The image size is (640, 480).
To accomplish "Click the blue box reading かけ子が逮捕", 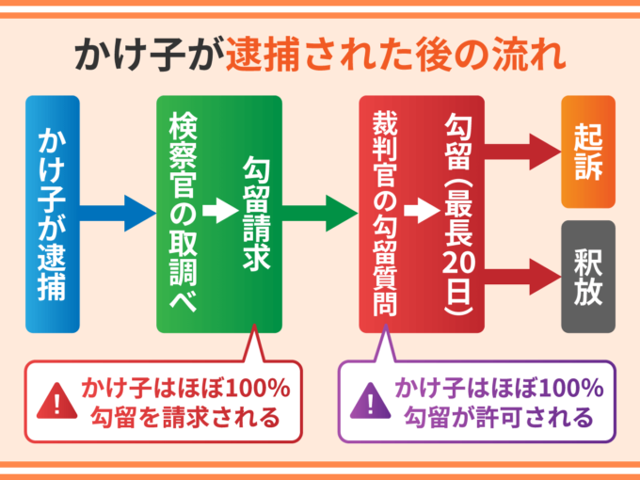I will click(x=53, y=214).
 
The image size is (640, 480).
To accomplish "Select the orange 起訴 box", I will click(x=588, y=152).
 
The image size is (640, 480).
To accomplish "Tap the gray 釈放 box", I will click(x=588, y=277).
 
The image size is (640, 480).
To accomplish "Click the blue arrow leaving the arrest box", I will click(x=119, y=214).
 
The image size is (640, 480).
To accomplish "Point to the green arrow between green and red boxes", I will click(x=321, y=214).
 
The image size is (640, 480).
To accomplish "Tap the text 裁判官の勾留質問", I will click(x=383, y=214).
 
